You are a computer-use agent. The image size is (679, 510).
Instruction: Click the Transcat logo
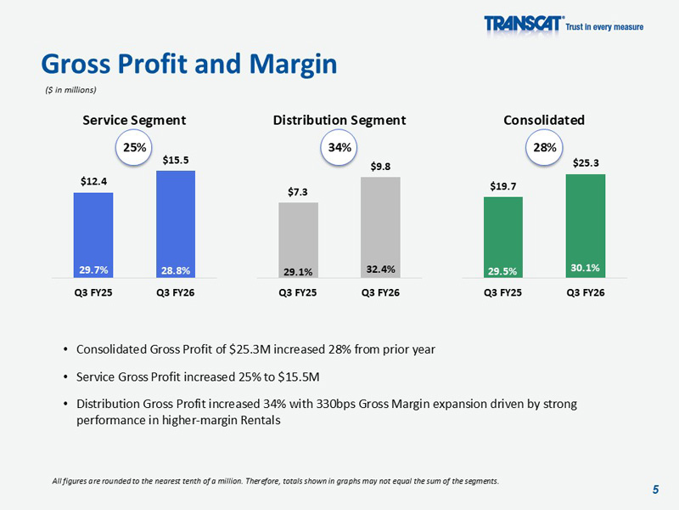[x=525, y=25]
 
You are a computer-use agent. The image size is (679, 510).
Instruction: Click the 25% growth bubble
[x=134, y=148]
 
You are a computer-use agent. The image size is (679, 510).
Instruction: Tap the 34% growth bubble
[x=339, y=148]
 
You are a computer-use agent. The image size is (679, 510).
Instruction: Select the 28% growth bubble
[x=544, y=148]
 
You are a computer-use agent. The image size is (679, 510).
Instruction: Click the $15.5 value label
[x=176, y=159]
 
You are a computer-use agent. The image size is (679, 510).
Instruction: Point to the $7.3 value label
[x=299, y=191]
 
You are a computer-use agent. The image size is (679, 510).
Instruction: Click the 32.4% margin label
[x=380, y=269]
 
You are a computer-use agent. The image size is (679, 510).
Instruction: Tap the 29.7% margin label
[x=93, y=269]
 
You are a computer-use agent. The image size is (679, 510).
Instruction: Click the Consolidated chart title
[x=544, y=120]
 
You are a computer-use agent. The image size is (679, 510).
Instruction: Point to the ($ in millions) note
[x=71, y=90]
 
